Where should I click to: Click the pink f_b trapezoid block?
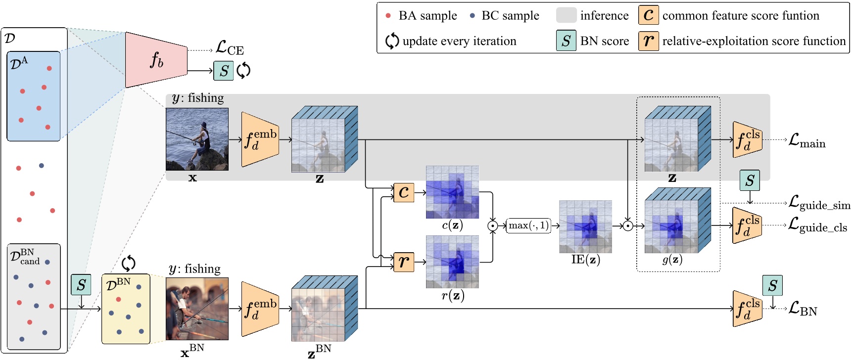click(156, 60)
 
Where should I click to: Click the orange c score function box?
click(404, 192)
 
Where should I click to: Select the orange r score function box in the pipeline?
click(404, 262)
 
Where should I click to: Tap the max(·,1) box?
click(528, 225)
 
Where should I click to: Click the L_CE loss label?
click(230, 48)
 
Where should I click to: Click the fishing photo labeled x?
click(197, 139)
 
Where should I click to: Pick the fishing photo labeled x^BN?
click(197, 309)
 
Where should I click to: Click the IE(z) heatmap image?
click(585, 226)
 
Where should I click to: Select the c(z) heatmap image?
click(452, 192)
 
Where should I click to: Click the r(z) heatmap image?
click(452, 262)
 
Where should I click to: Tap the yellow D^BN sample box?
click(126, 309)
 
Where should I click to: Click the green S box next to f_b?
click(224, 71)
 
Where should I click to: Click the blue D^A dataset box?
click(34, 96)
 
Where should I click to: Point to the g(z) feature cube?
click(677, 221)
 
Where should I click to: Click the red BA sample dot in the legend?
click(388, 16)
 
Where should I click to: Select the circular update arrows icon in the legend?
click(392, 41)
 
